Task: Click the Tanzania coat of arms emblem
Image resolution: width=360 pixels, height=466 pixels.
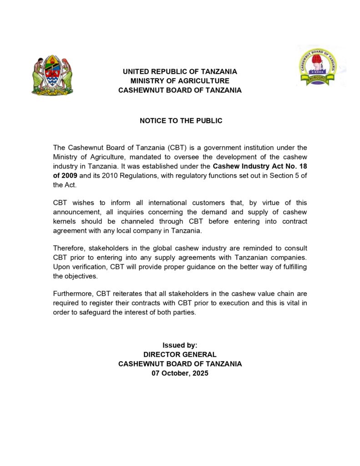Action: [52, 75]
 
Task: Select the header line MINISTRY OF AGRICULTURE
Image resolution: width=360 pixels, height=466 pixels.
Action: [180, 81]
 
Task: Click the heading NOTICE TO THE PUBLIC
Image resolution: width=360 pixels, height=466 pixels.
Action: [181, 121]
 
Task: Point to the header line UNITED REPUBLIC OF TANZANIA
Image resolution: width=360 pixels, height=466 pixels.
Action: [180, 72]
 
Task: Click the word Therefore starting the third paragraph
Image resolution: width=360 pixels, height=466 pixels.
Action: [69, 248]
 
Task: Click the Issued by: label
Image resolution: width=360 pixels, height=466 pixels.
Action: [180, 345]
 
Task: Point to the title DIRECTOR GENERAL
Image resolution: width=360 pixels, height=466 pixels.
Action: [180, 355]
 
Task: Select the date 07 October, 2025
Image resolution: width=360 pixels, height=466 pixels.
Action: [180, 373]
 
